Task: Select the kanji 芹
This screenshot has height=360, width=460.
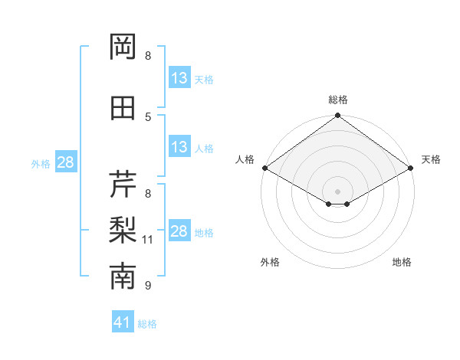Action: (x=123, y=184)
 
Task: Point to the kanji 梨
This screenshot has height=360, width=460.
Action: (x=123, y=230)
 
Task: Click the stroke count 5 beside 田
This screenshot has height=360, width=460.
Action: (x=148, y=116)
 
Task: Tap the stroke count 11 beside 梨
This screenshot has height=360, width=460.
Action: (x=148, y=240)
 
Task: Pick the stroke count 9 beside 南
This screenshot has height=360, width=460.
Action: (x=148, y=286)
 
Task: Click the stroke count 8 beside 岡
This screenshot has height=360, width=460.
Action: (x=148, y=56)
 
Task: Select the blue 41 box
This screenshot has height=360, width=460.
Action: (x=123, y=322)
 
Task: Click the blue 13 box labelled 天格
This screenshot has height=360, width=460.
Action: (x=179, y=78)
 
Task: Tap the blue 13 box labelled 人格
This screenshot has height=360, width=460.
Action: (x=179, y=147)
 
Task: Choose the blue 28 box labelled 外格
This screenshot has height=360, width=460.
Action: (x=65, y=162)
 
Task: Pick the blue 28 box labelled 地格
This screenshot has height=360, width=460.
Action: (x=179, y=231)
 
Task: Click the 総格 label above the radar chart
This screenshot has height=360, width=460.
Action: (x=338, y=100)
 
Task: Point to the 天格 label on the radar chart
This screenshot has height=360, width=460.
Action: (x=431, y=159)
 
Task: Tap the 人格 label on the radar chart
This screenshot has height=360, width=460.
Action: (x=245, y=159)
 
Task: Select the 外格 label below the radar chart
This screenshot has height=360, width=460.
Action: (x=270, y=262)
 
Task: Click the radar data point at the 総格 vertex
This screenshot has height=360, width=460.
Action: (x=337, y=116)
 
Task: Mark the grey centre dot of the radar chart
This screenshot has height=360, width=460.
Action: (x=337, y=190)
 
